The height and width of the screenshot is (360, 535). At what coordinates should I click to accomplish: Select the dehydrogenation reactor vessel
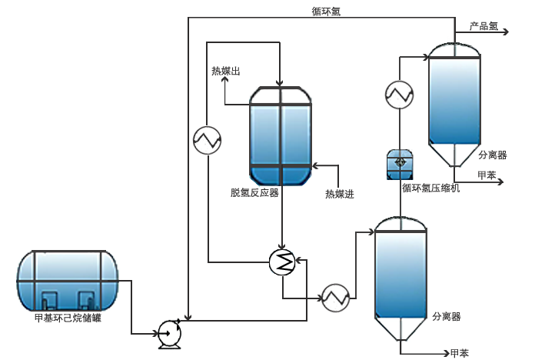281,135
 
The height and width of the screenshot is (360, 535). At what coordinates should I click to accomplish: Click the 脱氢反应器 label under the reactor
254,192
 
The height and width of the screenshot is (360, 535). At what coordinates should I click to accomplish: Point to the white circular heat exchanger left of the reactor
207,139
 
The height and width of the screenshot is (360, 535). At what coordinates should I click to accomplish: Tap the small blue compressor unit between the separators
399,163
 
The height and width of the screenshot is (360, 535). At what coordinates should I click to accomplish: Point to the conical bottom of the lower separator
400,329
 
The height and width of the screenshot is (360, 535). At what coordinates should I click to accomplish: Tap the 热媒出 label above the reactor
226,72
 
